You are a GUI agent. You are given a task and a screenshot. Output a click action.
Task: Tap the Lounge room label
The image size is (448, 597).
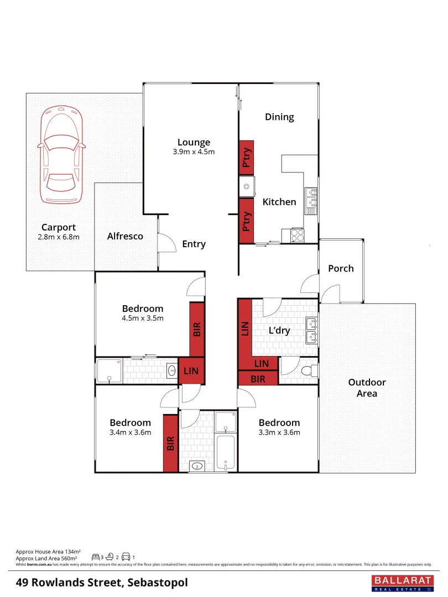[x=194, y=143]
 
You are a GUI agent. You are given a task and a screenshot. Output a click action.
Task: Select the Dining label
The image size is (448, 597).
[x=279, y=117]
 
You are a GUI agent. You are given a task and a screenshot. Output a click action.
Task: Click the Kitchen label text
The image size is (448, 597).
[x=279, y=202]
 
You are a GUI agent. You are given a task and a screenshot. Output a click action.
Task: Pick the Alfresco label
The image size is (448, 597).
[x=125, y=236]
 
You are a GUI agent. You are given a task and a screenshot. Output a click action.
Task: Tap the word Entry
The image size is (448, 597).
[x=194, y=244]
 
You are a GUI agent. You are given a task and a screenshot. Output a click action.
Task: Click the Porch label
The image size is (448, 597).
[x=341, y=268]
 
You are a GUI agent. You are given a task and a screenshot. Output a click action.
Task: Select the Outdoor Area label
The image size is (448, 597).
[x=367, y=387]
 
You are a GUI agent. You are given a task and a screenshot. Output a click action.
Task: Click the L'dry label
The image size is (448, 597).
[x=279, y=331]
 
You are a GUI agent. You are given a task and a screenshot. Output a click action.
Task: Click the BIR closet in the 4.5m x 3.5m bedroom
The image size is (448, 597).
[x=197, y=329]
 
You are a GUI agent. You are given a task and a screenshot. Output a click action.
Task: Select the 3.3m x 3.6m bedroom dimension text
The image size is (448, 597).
[x=279, y=432]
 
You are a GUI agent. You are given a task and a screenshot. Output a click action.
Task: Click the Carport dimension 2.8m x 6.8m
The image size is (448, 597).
[x=58, y=237]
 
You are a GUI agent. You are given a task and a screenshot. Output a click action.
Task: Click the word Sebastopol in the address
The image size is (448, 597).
[x=158, y=583]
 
